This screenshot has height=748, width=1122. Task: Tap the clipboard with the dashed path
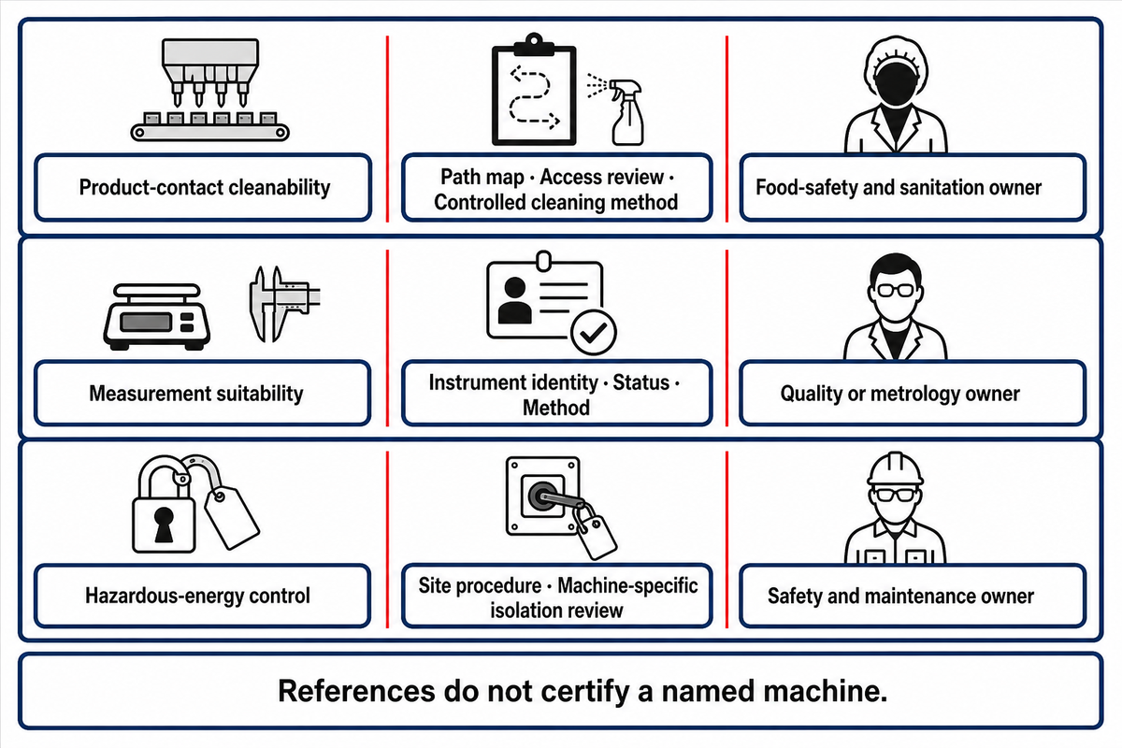(534, 90)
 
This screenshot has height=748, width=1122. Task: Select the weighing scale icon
(157, 317)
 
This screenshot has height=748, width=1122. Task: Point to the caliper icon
(282, 304)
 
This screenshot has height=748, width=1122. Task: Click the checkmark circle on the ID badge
(594, 332)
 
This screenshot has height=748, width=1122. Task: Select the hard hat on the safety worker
(895, 468)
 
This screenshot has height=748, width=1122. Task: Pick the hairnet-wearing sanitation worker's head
(896, 71)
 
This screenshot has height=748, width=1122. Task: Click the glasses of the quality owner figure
(896, 290)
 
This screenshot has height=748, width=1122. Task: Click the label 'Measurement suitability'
(196, 394)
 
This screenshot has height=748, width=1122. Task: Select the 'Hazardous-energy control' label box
(202, 596)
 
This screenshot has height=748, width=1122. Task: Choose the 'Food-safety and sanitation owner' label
(899, 187)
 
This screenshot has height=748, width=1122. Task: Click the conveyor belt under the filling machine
(209, 132)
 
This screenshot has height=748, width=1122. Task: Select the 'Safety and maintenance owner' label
(900, 597)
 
